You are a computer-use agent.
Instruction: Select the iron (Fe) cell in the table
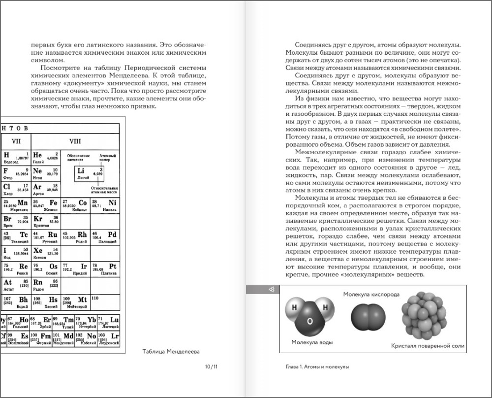click(46, 205)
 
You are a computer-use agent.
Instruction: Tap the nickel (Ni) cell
click(105, 205)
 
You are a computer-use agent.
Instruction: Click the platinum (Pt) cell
click(105, 269)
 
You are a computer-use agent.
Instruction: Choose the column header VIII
click(75, 141)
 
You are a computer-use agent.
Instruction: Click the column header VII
click(16, 141)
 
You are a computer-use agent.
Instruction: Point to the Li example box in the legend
click(90, 173)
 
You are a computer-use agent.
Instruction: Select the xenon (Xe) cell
click(46, 253)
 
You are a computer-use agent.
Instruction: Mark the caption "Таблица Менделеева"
click(171, 352)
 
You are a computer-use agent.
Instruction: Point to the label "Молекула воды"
click(311, 342)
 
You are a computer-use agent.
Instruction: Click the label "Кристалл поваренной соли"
click(428, 346)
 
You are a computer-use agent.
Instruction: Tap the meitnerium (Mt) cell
click(75, 301)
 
